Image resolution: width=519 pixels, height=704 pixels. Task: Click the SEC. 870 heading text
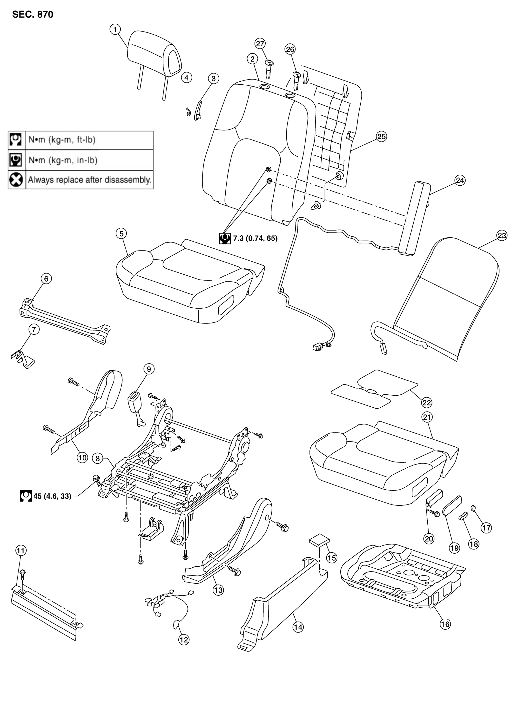[x=33, y=14]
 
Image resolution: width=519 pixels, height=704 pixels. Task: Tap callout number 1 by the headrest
[x=115, y=30]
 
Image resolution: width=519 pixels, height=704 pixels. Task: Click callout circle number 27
[x=260, y=43]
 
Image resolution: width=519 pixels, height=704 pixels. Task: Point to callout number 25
[x=381, y=136]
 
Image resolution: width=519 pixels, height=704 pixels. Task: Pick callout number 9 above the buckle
[x=149, y=369]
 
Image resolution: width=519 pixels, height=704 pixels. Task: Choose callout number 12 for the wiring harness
[x=184, y=640]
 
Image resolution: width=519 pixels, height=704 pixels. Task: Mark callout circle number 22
[x=427, y=402]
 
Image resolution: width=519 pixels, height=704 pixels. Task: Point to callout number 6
[x=46, y=279]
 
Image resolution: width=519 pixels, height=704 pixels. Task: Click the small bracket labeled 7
[x=23, y=358]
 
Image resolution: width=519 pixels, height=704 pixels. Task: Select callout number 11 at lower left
[x=21, y=551]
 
